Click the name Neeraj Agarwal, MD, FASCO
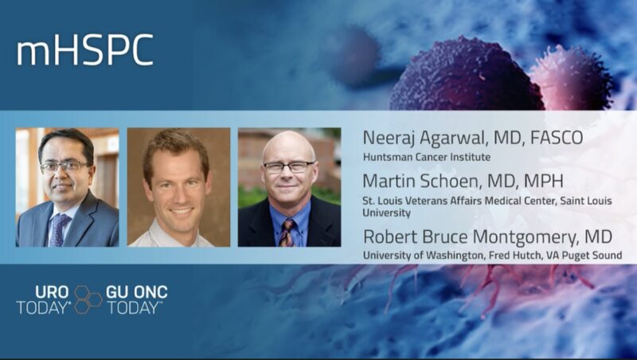click(472, 138)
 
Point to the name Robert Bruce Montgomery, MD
click(489, 237)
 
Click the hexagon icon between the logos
click(88, 299)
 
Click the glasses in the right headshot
click(289, 167)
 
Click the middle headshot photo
click(178, 186)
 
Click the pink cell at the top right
click(570, 76)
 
